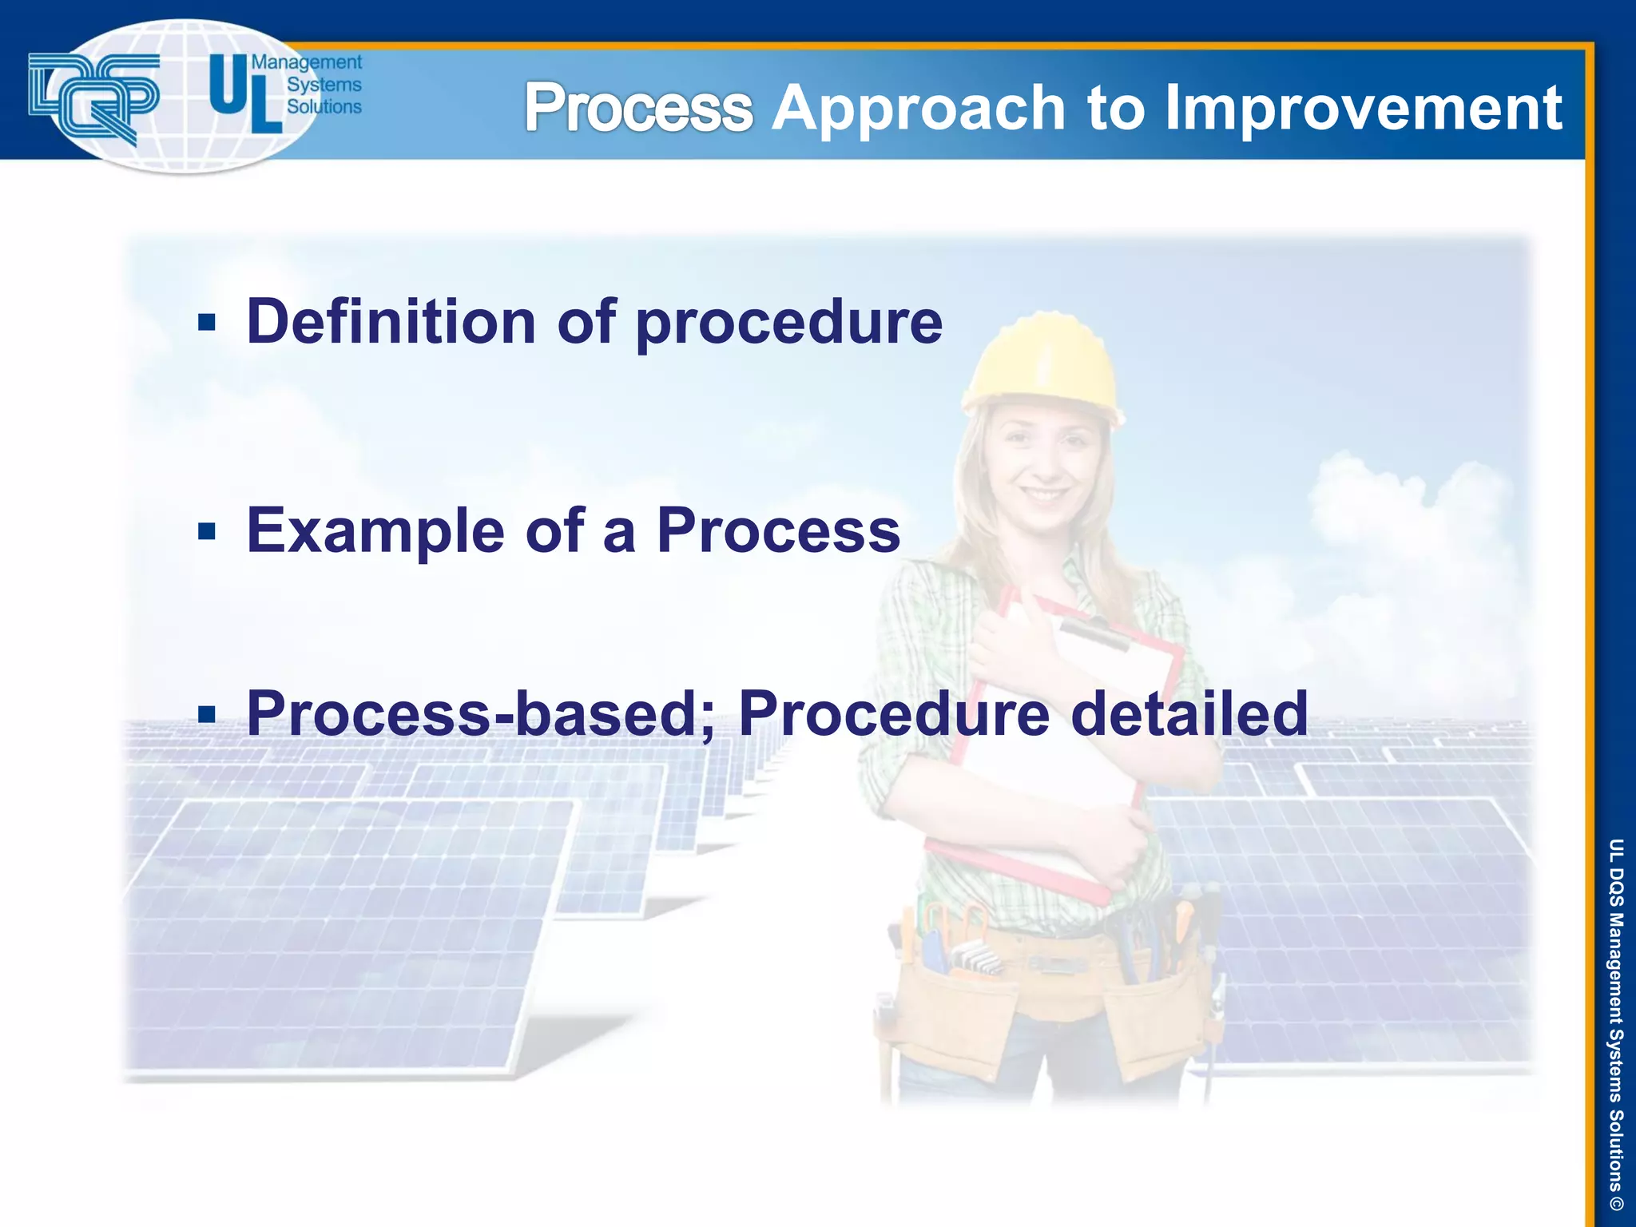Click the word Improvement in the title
pos(1362,108)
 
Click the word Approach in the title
pos(919,109)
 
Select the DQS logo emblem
pos(94,97)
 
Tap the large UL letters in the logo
pos(244,93)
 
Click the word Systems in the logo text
pos(324,85)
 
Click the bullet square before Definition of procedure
pos(207,323)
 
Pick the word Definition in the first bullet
pos(391,321)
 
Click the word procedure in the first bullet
pos(788,324)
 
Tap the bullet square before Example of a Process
pos(207,531)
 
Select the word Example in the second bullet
pos(375,531)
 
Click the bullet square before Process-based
pos(207,713)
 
